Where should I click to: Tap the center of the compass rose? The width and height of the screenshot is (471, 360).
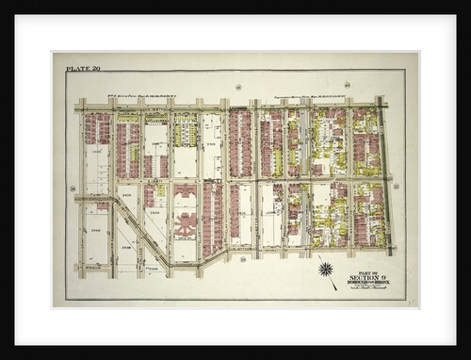coord(326,270)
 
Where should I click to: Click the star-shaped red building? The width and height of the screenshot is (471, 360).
coord(186,224)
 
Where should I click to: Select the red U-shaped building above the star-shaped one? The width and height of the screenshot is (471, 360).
coord(186,191)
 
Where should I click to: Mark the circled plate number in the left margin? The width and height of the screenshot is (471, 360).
coord(72,188)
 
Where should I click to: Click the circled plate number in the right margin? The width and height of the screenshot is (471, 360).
coord(397,187)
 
